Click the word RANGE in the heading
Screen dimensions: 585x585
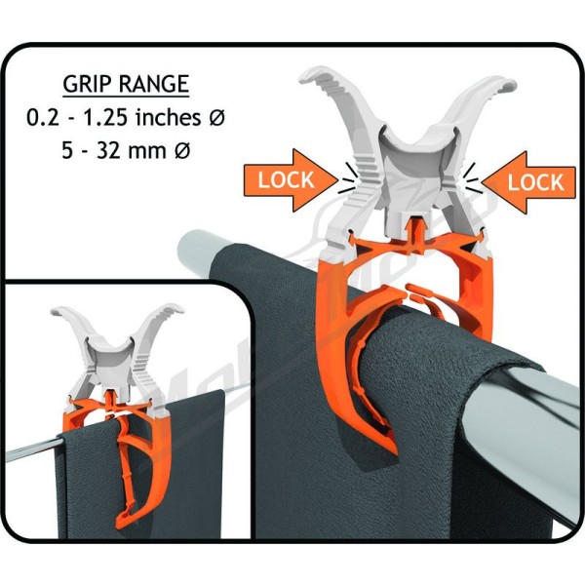(x=154, y=84)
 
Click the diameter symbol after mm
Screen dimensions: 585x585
(x=182, y=151)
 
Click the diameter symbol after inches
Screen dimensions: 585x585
(x=216, y=118)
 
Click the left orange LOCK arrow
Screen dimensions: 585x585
(x=291, y=180)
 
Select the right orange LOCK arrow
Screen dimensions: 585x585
(x=528, y=182)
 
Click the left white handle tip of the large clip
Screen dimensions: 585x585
(x=310, y=76)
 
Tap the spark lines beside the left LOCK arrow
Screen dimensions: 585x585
(x=348, y=177)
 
